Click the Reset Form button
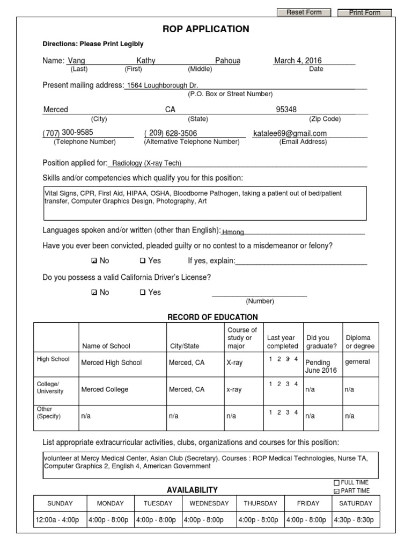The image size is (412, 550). point(304,12)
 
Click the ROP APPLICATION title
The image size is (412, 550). point(206,29)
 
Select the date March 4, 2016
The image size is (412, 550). point(298,61)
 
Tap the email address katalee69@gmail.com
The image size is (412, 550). point(290,133)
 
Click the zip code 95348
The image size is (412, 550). point(286,110)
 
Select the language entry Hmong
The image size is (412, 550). point(233,232)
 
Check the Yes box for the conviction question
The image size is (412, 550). point(143,261)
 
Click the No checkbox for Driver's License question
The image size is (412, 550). point(94,293)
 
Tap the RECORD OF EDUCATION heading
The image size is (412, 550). point(213,317)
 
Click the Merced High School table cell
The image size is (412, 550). point(111,363)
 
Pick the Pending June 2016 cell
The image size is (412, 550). point(318,366)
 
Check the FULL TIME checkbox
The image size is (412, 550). point(336,483)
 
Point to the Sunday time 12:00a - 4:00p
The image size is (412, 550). point(57,520)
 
